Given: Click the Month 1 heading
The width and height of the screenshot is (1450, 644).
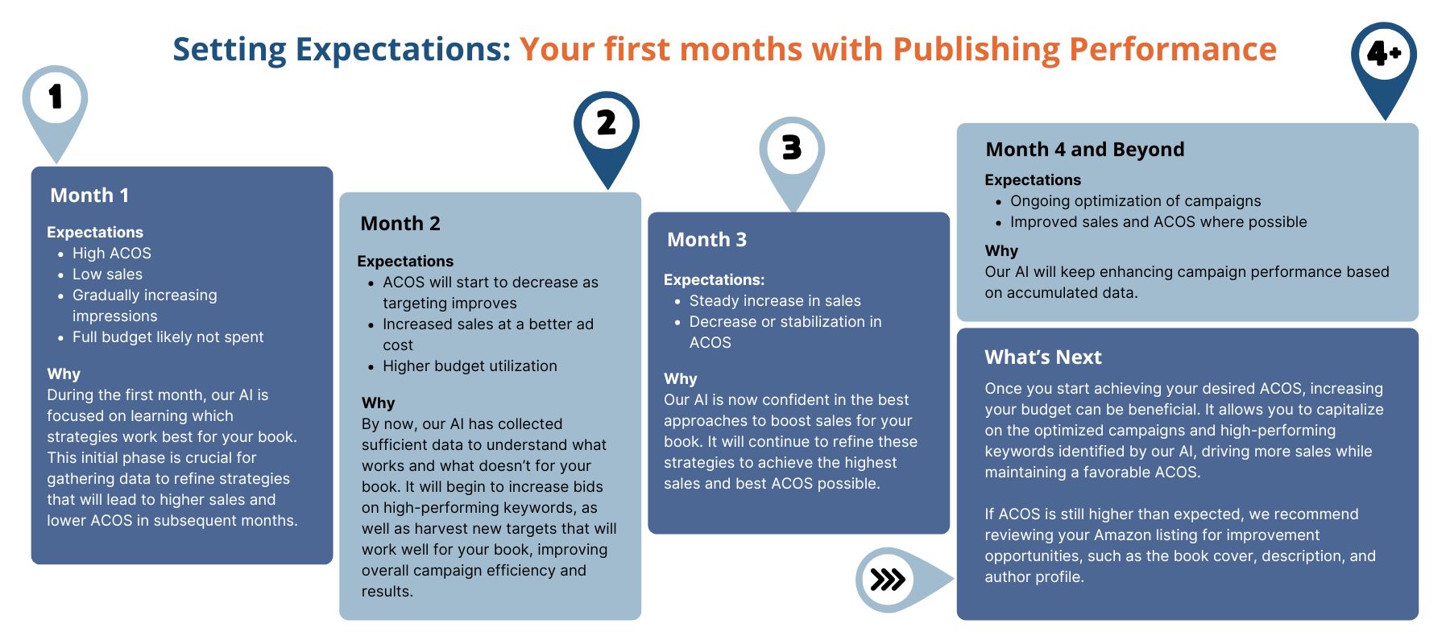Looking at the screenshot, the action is (89, 196).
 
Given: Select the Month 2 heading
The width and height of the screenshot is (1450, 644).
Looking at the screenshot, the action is (400, 224).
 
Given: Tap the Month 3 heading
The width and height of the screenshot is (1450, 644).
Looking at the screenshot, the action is (706, 240).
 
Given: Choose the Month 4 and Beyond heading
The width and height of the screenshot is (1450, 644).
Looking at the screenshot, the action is (1085, 150).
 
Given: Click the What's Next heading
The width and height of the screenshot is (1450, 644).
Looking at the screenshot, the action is (1043, 357).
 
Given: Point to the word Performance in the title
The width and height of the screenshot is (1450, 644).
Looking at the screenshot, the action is (1173, 49).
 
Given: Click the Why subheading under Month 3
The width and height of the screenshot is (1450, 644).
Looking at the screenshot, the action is (681, 379).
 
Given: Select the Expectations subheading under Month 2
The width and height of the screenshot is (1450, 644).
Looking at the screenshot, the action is (405, 262).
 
